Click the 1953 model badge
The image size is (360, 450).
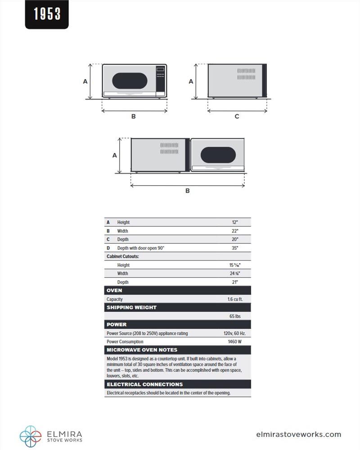pyautogui.click(x=47, y=14)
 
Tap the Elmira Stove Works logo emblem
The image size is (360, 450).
pyautogui.click(x=31, y=435)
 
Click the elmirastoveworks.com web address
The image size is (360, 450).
pyautogui.click(x=298, y=435)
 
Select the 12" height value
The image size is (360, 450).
pyautogui.click(x=235, y=222)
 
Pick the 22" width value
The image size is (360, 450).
pyautogui.click(x=235, y=231)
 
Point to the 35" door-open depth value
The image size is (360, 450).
pyautogui.click(x=235, y=248)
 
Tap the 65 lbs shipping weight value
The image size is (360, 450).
pyautogui.click(x=235, y=316)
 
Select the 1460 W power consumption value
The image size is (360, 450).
pyautogui.click(x=235, y=342)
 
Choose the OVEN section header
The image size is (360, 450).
pyautogui.click(x=114, y=291)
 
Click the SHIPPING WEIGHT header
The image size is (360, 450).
pyautogui.click(x=131, y=308)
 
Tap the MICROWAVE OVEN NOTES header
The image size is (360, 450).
pyautogui.click(x=142, y=350)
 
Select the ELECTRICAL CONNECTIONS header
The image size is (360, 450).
pyautogui.click(x=144, y=385)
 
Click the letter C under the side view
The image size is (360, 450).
pyautogui.click(x=237, y=117)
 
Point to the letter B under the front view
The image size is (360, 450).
pyautogui.click(x=134, y=117)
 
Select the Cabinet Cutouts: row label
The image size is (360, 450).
pyautogui.click(x=123, y=256)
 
